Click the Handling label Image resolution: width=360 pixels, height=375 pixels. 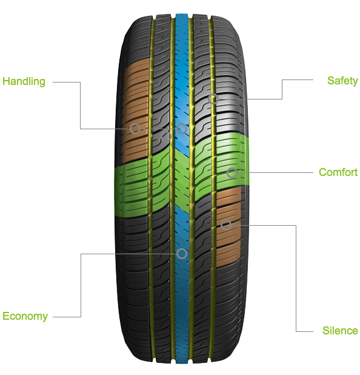(24, 81)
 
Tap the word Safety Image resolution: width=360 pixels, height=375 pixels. (342, 81)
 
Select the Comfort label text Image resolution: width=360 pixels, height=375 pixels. (338, 172)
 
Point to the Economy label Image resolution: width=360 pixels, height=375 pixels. (25, 316)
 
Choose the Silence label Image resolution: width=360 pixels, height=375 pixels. (340, 331)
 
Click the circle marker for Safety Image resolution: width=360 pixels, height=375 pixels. (213, 99)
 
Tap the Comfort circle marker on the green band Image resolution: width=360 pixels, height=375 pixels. (232, 173)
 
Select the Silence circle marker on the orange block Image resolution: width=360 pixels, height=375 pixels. (225, 225)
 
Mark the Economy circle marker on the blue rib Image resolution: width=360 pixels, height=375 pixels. (182, 254)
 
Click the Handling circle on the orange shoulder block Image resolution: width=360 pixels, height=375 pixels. (135, 129)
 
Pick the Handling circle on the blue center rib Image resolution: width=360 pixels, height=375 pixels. (182, 129)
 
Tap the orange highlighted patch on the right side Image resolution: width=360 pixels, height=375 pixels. (228, 227)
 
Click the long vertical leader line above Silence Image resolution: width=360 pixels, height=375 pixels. (296, 279)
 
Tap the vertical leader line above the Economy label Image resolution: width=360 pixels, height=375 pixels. (81, 285)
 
